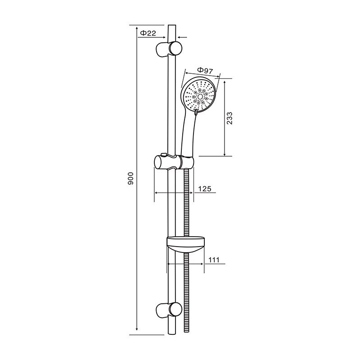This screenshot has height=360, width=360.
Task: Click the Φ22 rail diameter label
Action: (148, 33)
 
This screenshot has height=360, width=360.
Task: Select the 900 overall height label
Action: (130, 178)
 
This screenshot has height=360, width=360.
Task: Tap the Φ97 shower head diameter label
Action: (205, 70)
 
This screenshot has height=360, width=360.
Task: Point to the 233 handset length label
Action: (229, 118)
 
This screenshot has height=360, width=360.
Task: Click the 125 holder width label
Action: (205, 189)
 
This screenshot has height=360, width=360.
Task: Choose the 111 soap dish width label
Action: (214, 260)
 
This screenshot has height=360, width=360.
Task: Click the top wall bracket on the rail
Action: (169, 49)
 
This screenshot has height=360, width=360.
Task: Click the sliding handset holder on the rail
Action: (174, 162)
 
